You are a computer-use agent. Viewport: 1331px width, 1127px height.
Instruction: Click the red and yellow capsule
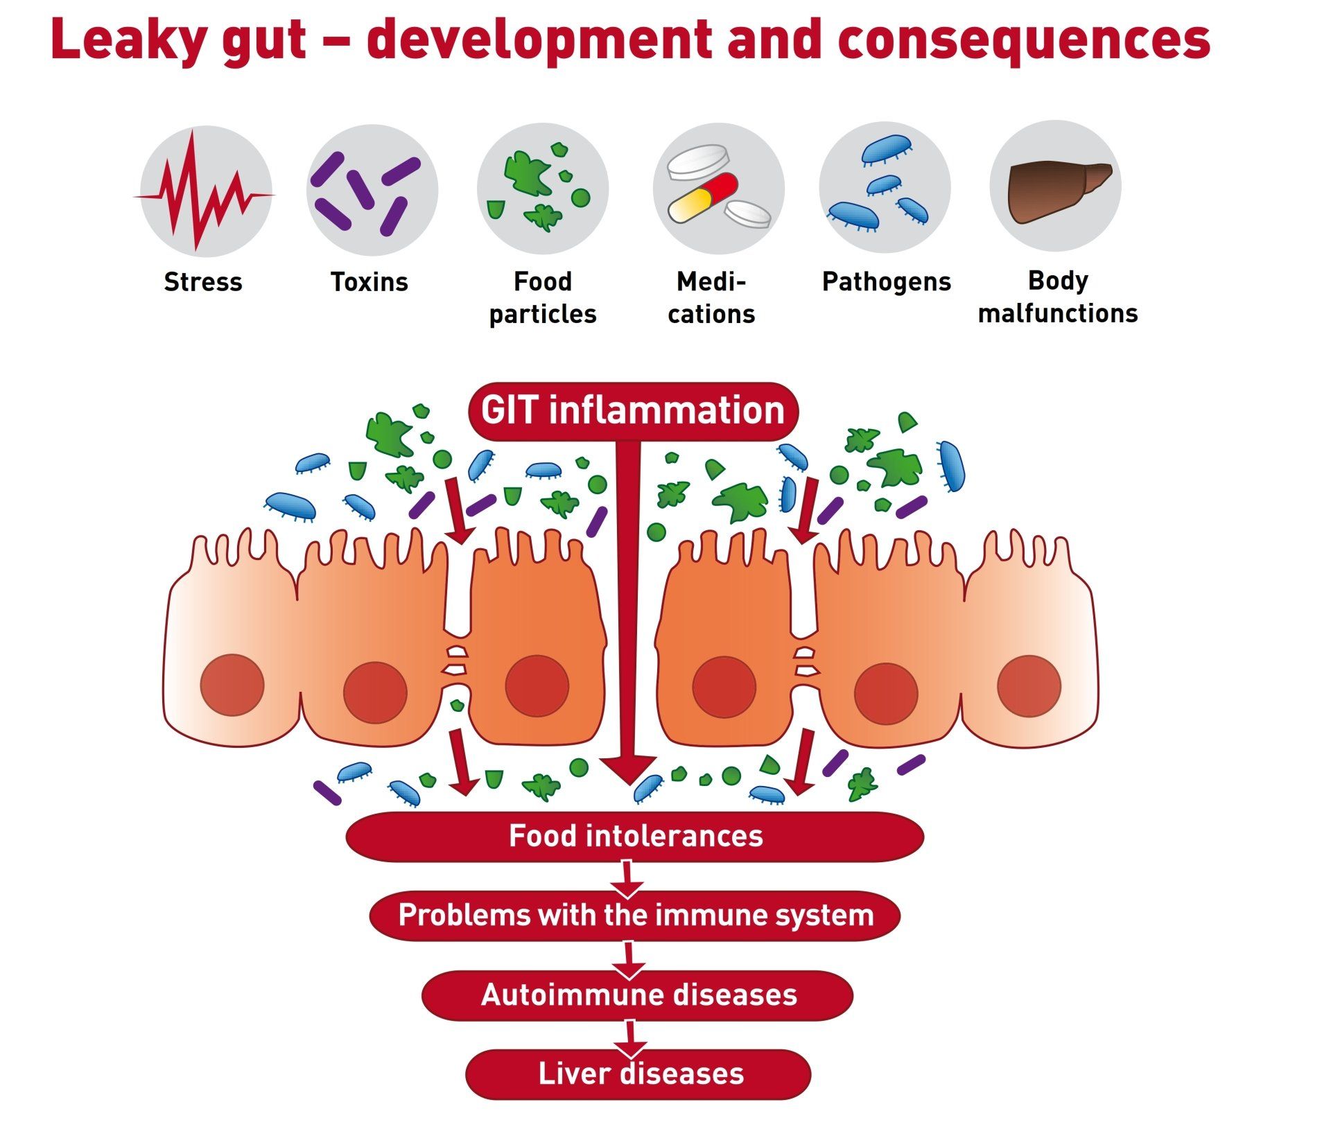(x=703, y=198)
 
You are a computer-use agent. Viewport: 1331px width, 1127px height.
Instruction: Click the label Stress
(x=203, y=282)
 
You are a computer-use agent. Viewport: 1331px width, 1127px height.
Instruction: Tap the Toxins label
(x=369, y=282)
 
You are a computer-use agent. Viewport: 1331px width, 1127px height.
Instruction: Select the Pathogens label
(x=887, y=283)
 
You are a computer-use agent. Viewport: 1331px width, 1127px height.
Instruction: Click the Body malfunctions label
(x=1058, y=297)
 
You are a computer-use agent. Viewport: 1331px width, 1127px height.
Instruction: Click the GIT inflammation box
(x=634, y=411)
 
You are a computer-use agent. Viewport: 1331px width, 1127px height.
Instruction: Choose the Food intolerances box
(x=635, y=837)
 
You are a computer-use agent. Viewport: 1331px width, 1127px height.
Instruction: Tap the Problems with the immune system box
(x=635, y=916)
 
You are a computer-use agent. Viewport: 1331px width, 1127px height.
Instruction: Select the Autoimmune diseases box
(x=638, y=995)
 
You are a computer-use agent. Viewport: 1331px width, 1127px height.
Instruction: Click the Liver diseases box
(x=638, y=1074)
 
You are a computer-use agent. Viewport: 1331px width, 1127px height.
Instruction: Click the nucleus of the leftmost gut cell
(x=232, y=685)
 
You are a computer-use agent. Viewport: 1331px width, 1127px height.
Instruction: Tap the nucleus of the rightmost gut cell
(x=1029, y=686)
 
